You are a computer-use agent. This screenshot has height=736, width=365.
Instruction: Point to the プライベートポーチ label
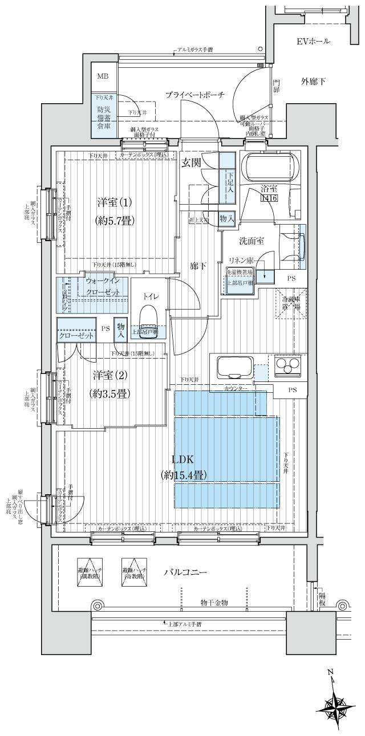pos(195,95)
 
